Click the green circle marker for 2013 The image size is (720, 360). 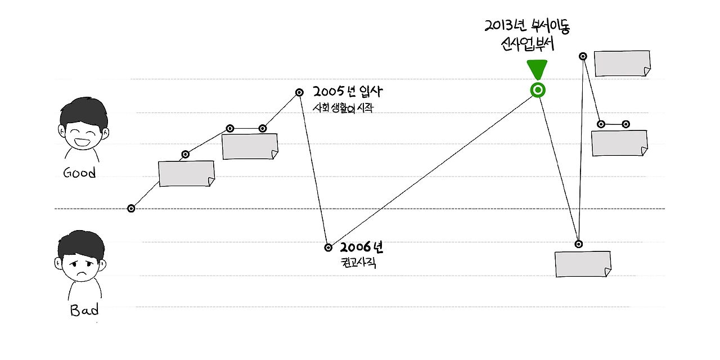pyautogui.click(x=538, y=90)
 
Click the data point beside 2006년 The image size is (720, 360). pyautogui.click(x=328, y=247)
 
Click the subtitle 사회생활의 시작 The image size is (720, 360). pyautogui.click(x=343, y=108)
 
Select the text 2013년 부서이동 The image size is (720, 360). pyautogui.click(x=527, y=25)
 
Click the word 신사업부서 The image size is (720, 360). pyautogui.click(x=527, y=44)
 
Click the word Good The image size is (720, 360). pyautogui.click(x=79, y=173)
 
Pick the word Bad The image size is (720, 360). pyautogui.click(x=84, y=310)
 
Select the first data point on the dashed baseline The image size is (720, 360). pyautogui.click(x=131, y=208)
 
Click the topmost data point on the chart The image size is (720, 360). pyautogui.click(x=583, y=56)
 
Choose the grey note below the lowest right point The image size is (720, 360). pyautogui.click(x=583, y=264)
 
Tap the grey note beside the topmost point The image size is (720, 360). pyautogui.click(x=622, y=64)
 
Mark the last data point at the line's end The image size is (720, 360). pyautogui.click(x=626, y=124)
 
